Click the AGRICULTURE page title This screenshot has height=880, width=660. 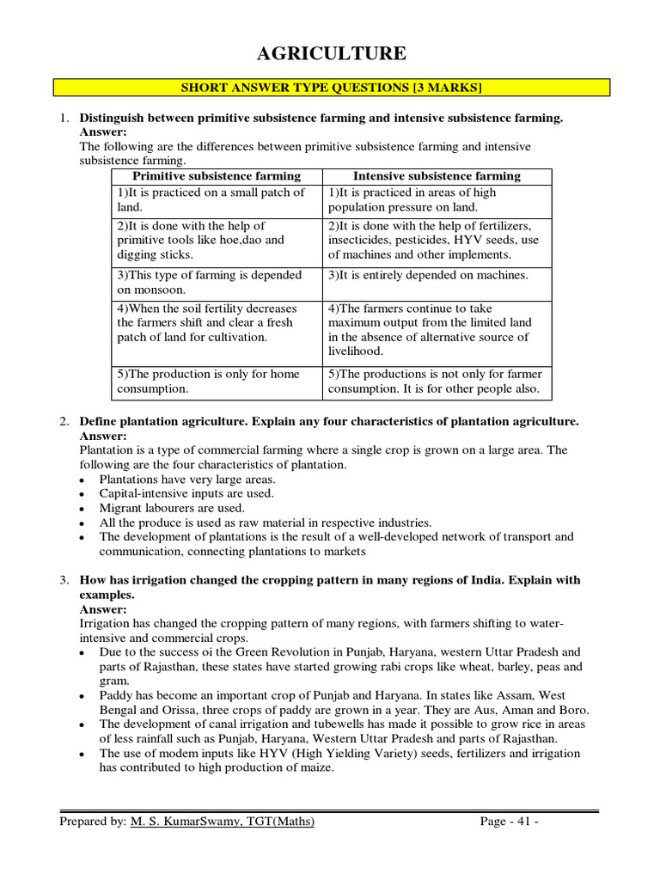(331, 54)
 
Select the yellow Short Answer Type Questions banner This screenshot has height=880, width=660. (331, 87)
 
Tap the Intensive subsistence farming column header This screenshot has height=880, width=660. (437, 176)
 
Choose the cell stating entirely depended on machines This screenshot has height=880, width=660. (437, 276)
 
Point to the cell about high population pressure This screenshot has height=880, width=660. (437, 200)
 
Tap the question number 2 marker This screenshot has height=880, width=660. (64, 422)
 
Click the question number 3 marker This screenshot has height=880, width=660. (64, 580)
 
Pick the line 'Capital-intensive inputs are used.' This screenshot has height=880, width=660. (186, 493)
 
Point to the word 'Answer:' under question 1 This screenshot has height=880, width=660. (103, 131)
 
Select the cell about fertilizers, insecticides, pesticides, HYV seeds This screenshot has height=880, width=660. (437, 240)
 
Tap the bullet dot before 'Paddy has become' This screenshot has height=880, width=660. (81, 696)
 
